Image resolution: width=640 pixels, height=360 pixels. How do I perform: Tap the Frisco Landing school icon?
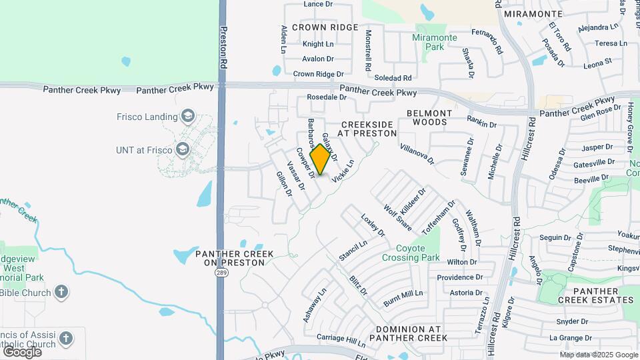coord(187,117)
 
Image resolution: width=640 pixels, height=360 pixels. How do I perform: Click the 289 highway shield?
coord(221,273)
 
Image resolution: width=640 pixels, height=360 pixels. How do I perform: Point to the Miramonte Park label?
coord(434,42)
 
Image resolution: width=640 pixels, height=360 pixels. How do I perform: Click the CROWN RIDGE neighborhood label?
coord(325,27)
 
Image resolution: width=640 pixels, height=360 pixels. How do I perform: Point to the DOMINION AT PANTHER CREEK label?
coord(409,333)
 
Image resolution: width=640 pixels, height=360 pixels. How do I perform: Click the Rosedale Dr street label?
coord(327,97)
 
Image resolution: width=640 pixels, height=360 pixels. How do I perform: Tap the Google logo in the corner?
coord(22,351)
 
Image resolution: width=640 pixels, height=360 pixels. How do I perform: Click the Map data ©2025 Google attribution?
coord(598,355)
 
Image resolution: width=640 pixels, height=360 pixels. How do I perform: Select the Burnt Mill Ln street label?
coord(403,297)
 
